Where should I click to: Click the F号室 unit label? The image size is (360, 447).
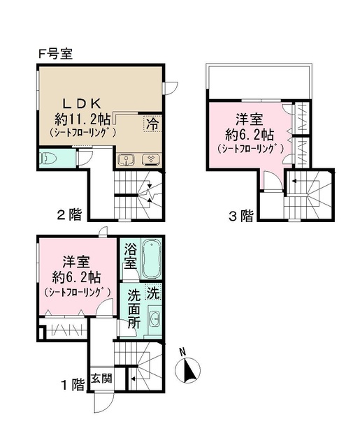pyautogui.click(x=56, y=53)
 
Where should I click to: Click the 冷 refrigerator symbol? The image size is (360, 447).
pyautogui.click(x=152, y=124)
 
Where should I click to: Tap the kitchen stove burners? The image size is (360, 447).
pyautogui.click(x=149, y=159)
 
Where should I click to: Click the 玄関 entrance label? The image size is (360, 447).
pyautogui.click(x=101, y=379)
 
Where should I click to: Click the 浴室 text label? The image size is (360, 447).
pyautogui.click(x=130, y=256)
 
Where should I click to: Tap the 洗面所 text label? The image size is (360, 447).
pyautogui.click(x=134, y=312)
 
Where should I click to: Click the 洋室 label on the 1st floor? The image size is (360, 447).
pyautogui.click(x=74, y=263)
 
